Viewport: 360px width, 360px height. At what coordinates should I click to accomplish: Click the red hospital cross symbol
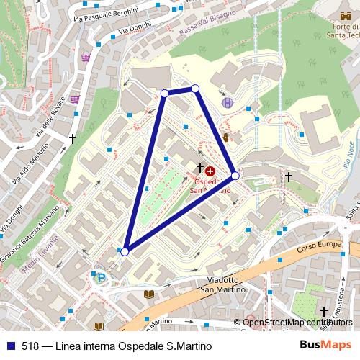[x=210, y=171]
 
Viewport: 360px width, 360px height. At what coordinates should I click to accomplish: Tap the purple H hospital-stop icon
[x=228, y=103]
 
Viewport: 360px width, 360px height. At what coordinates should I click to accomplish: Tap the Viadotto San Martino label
[x=222, y=284]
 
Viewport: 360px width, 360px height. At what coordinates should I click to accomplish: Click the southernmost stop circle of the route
[x=125, y=251]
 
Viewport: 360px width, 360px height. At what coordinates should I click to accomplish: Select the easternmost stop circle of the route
[x=235, y=175]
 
